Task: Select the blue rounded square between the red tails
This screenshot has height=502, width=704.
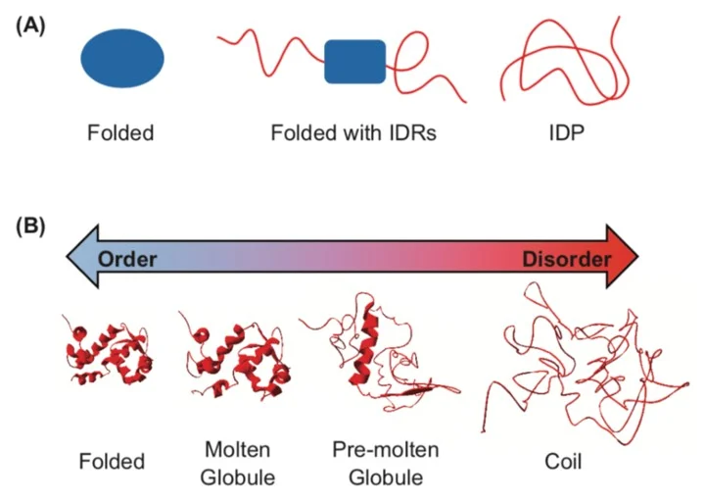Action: point(355,62)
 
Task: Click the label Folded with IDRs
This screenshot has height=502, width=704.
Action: point(353,131)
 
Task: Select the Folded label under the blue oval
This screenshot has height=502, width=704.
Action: point(120,131)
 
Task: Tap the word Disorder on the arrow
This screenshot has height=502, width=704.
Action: point(566,259)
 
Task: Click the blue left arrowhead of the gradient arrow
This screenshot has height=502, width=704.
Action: point(81,259)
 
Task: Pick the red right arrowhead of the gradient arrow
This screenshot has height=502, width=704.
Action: point(621,259)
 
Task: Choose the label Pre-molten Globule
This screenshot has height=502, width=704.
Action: point(386,462)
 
